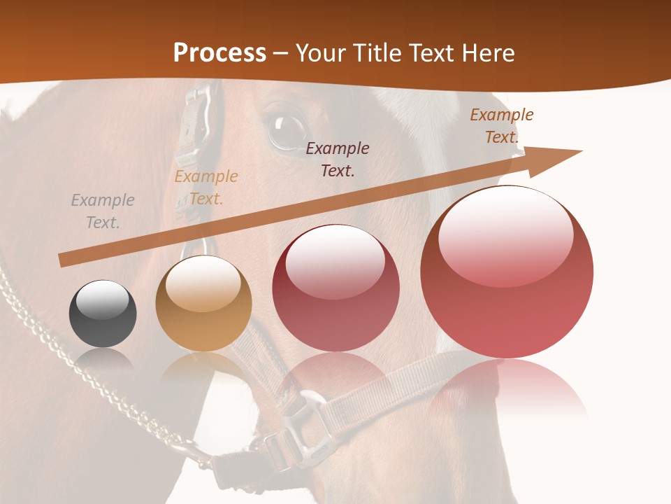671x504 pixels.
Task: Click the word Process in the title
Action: [219, 53]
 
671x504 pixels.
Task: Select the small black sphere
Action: [103, 314]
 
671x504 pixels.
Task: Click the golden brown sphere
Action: [203, 303]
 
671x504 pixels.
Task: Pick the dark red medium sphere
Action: [335, 288]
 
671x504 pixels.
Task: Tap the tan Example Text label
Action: [206, 188]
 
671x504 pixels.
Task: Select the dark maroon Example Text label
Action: [338, 159]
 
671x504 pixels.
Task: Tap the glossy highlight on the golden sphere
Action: [203, 283]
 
